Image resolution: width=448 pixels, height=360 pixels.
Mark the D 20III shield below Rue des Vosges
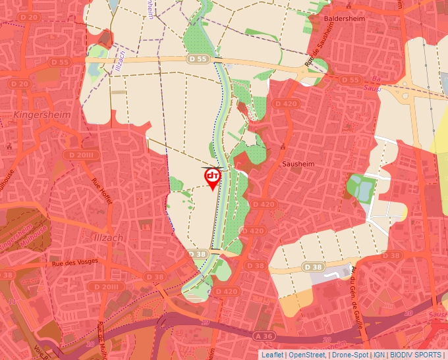[105, 287]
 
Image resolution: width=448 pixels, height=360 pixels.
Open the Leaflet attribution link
[272, 355]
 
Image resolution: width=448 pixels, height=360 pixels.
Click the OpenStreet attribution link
[306, 355]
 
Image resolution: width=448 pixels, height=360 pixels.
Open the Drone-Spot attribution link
[350, 355]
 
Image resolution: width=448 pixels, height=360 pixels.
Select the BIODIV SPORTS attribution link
[415, 355]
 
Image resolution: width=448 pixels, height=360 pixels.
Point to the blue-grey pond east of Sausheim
[359, 188]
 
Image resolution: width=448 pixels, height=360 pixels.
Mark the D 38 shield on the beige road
[313, 267]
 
